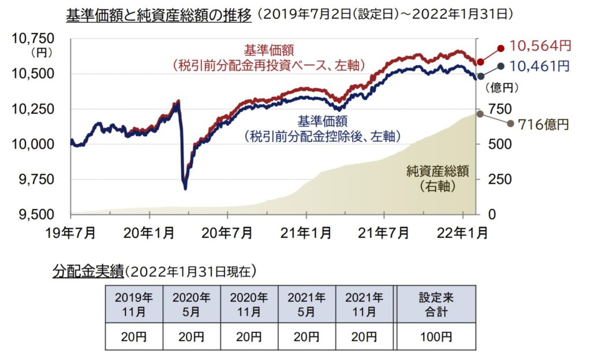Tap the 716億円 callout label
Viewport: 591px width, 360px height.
click(x=543, y=124)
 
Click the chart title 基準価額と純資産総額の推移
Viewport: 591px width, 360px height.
click(x=159, y=15)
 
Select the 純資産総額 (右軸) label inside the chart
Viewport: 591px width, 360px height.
click(x=436, y=178)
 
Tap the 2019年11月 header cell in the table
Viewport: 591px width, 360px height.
click(x=134, y=304)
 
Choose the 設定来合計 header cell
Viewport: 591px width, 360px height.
click(x=436, y=304)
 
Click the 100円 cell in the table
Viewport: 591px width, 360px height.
click(x=436, y=336)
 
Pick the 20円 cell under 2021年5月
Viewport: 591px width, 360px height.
click(x=306, y=336)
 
